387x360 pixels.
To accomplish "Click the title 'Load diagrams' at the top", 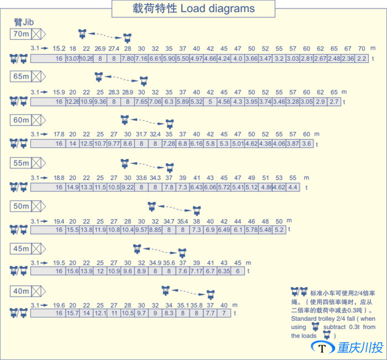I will click(x=218, y=9).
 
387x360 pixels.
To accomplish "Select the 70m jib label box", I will click(x=21, y=34).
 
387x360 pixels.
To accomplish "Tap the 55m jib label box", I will click(x=21, y=163).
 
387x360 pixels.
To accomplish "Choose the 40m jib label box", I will click(x=21, y=292).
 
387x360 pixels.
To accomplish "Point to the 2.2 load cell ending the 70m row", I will click(x=362, y=59).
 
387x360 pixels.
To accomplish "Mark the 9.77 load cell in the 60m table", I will click(x=114, y=144).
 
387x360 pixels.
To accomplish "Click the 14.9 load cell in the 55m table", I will click(x=73, y=187).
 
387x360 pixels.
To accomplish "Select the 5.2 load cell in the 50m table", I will click(x=279, y=230).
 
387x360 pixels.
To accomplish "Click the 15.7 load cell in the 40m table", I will click(x=73, y=314).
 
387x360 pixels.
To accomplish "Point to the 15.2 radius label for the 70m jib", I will click(x=59, y=49).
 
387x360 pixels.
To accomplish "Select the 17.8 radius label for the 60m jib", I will click(x=59, y=134).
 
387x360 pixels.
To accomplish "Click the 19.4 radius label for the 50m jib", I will click(x=59, y=221).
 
